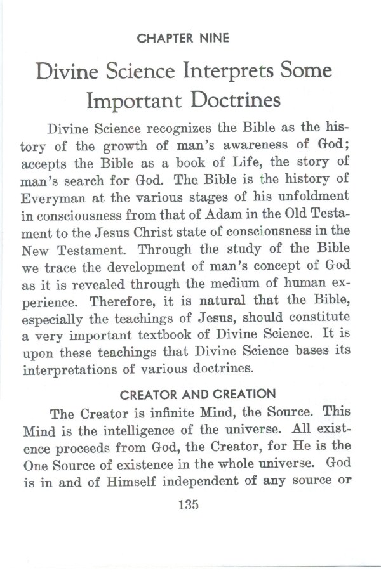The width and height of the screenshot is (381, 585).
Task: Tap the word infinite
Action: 175,413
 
